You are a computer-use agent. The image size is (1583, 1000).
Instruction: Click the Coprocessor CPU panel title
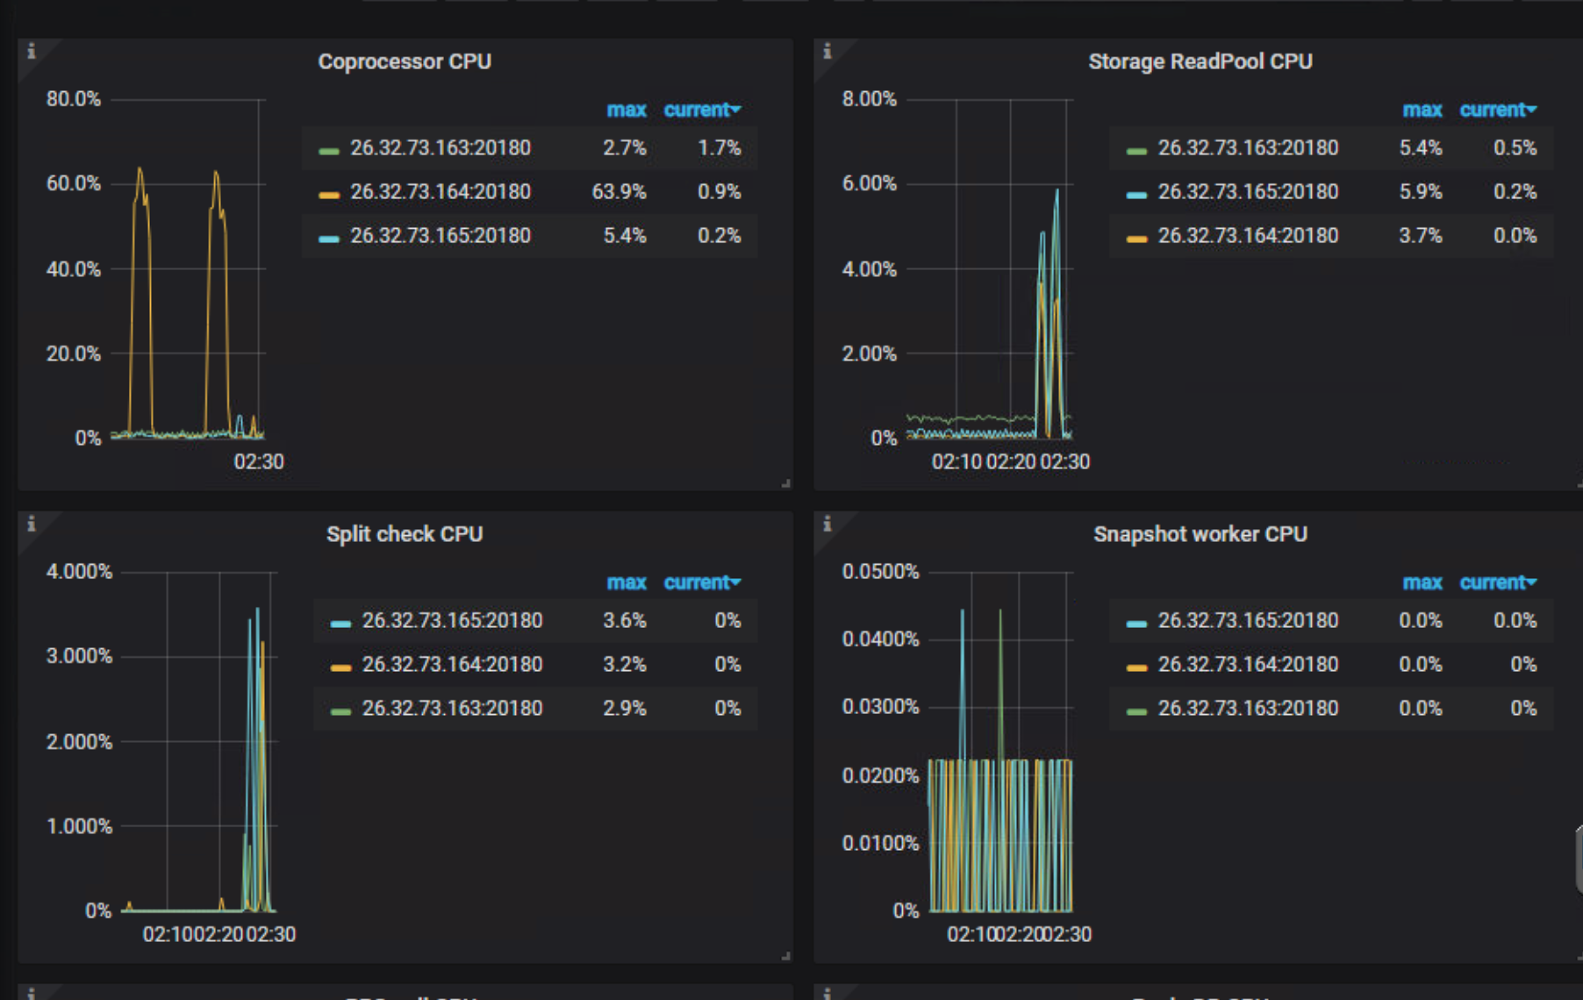tap(405, 61)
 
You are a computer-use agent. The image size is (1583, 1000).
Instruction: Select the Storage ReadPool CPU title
tap(1200, 61)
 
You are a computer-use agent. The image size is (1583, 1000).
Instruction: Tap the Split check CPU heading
tap(405, 534)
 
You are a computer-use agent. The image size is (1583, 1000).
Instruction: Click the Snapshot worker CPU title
tap(1200, 534)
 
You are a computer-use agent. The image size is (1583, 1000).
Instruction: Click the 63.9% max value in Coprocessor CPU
tap(619, 192)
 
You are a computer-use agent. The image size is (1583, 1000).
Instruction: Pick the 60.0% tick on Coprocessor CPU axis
tap(74, 184)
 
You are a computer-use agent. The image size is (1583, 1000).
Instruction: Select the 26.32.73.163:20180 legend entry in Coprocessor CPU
tap(440, 148)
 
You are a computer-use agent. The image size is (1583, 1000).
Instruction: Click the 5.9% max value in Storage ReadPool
tap(1420, 192)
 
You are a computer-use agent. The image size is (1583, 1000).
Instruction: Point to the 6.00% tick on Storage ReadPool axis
tap(869, 184)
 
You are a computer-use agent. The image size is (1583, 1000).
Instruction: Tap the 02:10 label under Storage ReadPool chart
tap(956, 462)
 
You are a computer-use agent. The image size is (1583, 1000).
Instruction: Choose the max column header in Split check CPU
tap(626, 583)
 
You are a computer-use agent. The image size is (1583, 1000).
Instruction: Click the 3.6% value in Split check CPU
tap(624, 621)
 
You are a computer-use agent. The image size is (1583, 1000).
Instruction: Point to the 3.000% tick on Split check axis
tap(79, 657)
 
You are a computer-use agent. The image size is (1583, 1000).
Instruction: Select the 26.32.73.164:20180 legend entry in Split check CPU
tap(452, 665)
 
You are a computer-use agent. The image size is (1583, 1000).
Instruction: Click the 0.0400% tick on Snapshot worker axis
tap(880, 639)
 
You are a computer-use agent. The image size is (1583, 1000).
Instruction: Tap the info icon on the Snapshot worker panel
tap(827, 525)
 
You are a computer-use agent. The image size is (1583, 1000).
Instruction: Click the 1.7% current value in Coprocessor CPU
tap(719, 148)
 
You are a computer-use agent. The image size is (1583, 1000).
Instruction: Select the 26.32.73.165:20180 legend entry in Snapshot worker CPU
tap(1247, 621)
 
